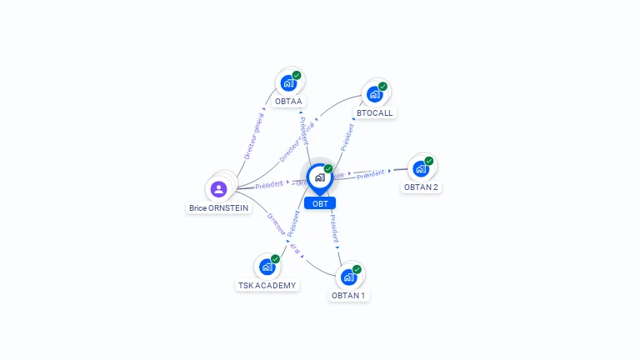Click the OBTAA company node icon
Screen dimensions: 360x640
coord(288,83)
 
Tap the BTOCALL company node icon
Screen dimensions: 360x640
coord(374,94)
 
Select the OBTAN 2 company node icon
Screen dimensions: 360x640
coord(421,169)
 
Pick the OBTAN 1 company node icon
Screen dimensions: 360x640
coord(348,277)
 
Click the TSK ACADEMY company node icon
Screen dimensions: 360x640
coord(267,267)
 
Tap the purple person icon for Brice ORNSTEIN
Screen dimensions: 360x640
coord(219,189)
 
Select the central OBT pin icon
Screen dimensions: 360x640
coord(319,177)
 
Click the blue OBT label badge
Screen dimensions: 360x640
coord(320,203)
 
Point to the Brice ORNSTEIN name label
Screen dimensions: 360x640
coord(219,208)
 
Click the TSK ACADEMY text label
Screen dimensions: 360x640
coord(267,285)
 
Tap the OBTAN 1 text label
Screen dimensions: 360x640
coord(348,296)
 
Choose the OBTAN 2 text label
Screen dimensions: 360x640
coord(421,187)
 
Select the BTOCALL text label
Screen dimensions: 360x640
coord(374,112)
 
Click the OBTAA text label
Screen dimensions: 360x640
coord(288,102)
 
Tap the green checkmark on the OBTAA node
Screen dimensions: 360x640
coord(297,76)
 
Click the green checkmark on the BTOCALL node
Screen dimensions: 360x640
coord(382,87)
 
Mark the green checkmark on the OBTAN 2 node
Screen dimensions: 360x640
coord(429,161)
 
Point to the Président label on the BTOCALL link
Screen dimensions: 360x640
coord(347,137)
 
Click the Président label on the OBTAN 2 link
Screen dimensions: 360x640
coord(371,174)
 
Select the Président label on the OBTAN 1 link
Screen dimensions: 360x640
coord(332,227)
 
